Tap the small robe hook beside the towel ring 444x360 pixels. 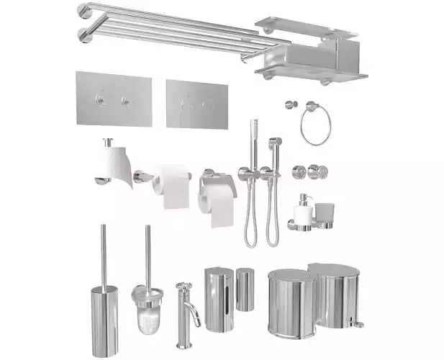click(x=290, y=105)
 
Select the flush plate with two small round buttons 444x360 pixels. click(x=113, y=99)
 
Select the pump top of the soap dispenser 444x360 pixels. click(x=304, y=199)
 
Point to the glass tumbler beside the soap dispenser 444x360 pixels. click(x=325, y=214)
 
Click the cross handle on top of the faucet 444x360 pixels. click(x=184, y=287)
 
